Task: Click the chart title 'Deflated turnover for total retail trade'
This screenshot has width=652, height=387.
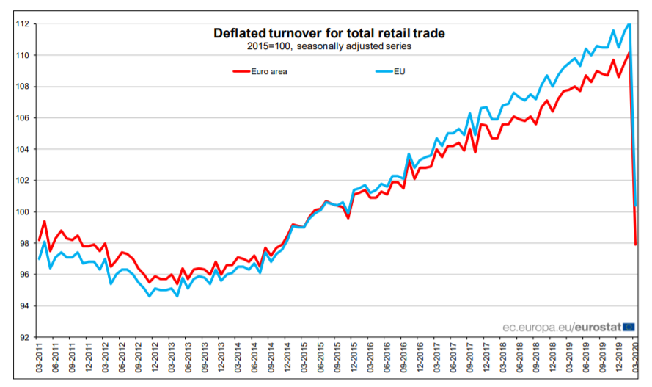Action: coord(329,33)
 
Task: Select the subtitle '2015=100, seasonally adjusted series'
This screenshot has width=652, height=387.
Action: coord(329,46)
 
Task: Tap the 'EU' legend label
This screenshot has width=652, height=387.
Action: coord(399,71)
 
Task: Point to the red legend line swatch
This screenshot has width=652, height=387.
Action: coord(242,71)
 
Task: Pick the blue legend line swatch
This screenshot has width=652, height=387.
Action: coord(382,71)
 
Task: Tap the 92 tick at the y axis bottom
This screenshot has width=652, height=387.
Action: coord(24,338)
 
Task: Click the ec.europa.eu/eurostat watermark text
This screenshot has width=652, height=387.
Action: coord(561,327)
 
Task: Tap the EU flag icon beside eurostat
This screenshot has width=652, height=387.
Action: coord(629,327)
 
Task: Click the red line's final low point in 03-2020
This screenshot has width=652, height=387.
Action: coord(635,244)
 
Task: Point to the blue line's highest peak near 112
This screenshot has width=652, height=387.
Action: coord(629,24)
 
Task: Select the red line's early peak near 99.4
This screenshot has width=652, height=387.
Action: coord(45,221)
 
